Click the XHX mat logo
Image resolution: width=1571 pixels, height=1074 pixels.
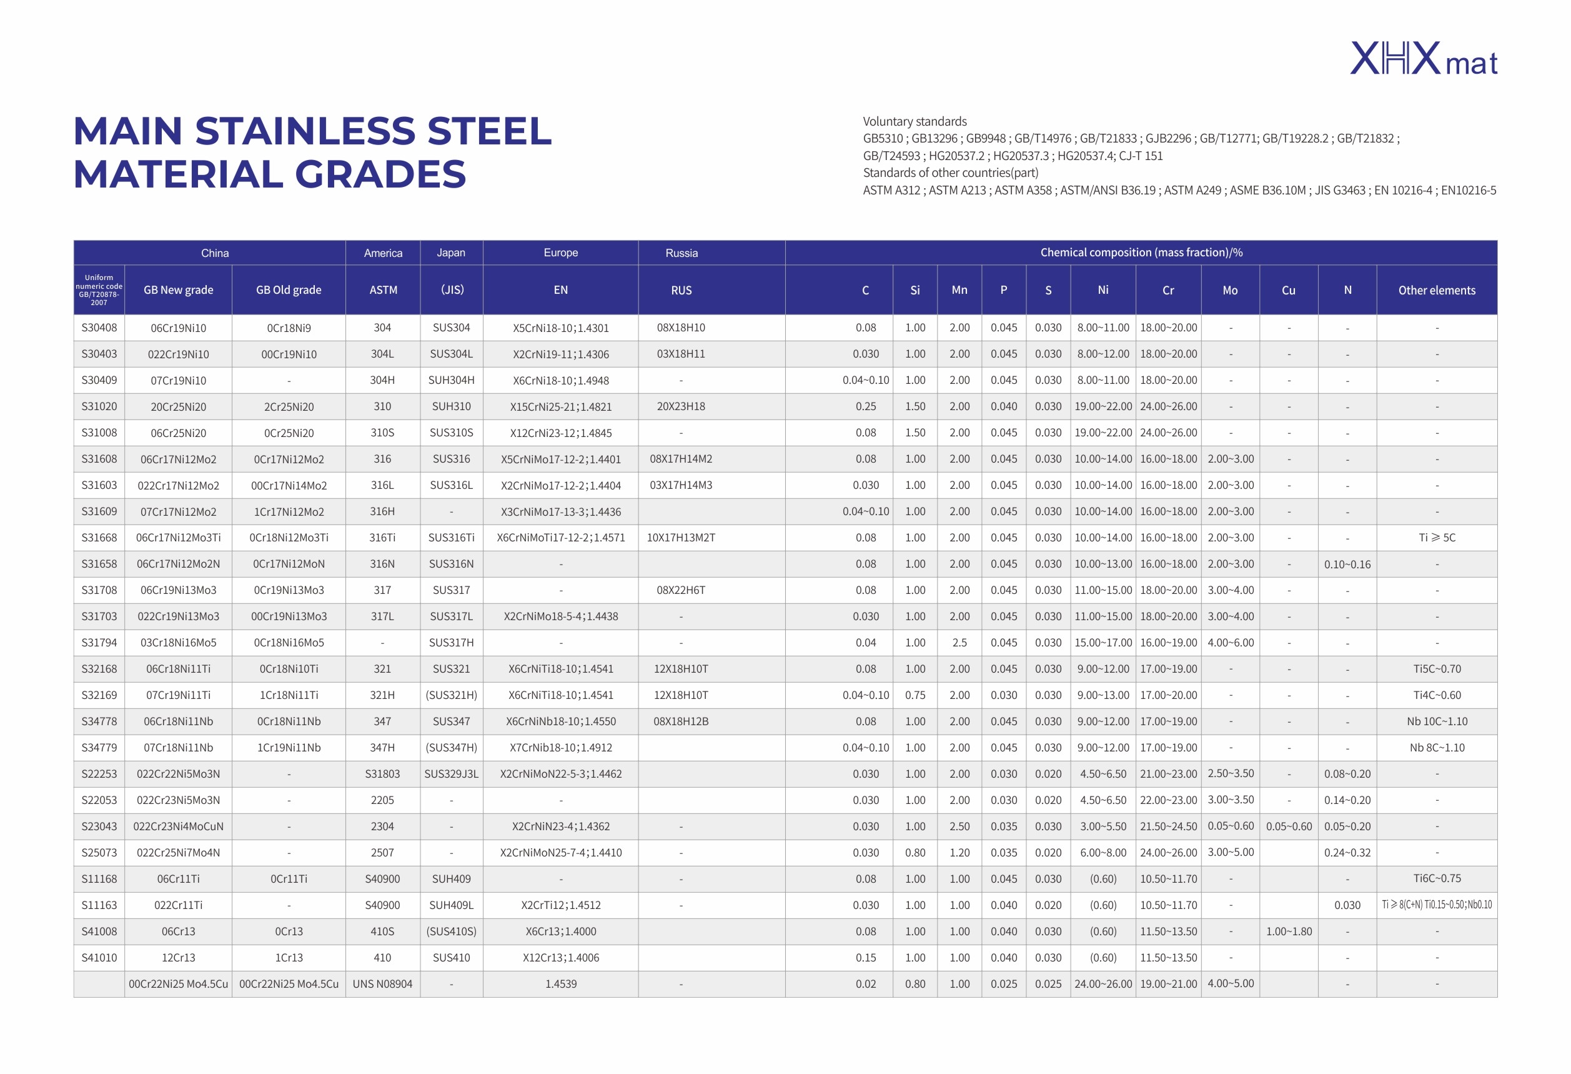click(x=1424, y=59)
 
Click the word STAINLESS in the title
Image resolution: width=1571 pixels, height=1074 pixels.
click(x=305, y=131)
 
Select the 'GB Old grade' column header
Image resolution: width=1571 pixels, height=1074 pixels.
click(x=289, y=290)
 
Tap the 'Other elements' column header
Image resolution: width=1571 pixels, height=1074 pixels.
click(x=1437, y=290)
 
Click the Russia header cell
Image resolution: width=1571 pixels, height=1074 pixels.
click(x=681, y=253)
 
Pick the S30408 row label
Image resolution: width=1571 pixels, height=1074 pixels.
click(x=99, y=328)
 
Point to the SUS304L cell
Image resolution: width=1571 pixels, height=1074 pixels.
click(x=452, y=354)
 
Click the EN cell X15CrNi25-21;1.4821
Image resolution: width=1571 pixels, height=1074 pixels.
click(x=561, y=406)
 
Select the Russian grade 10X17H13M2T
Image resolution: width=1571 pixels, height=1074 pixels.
click(x=681, y=538)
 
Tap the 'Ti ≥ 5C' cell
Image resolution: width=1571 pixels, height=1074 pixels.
click(x=1437, y=538)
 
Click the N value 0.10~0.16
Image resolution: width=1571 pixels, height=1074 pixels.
click(x=1347, y=564)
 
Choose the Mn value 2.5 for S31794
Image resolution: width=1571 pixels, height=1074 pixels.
click(x=959, y=643)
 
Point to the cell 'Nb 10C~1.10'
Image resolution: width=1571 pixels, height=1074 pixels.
click(x=1437, y=721)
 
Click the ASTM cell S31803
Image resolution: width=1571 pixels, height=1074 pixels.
click(x=383, y=774)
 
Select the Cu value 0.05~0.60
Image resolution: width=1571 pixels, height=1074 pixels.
click(x=1289, y=826)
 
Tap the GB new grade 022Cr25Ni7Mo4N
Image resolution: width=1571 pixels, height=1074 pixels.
click(x=179, y=853)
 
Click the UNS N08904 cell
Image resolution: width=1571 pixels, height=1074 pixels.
click(x=383, y=984)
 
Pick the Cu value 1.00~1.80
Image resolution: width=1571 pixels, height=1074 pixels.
click(x=1289, y=931)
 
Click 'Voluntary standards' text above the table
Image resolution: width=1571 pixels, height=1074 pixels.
click(x=914, y=122)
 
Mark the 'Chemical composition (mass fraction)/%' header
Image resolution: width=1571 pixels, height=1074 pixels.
click(x=1141, y=253)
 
